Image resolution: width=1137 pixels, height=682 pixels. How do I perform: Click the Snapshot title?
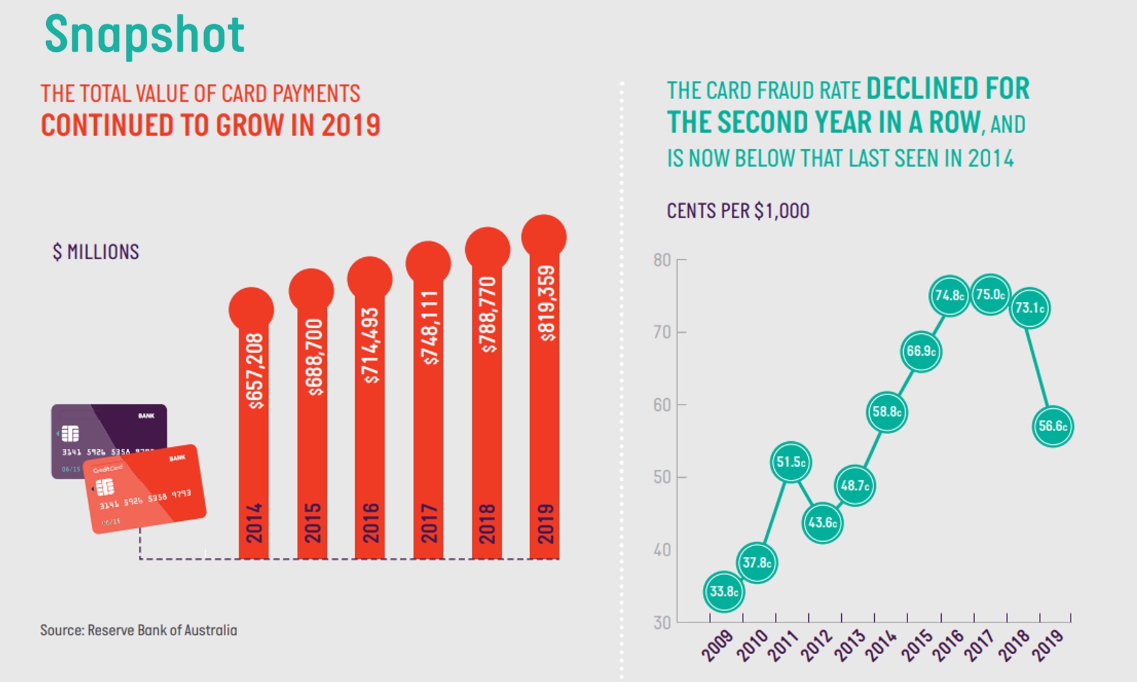pyautogui.click(x=144, y=34)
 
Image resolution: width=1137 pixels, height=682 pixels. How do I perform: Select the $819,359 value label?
pyautogui.click(x=545, y=303)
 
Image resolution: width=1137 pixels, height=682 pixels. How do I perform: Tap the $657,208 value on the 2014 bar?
pyautogui.click(x=254, y=371)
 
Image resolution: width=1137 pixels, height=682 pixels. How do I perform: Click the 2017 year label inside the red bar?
pyautogui.click(x=429, y=523)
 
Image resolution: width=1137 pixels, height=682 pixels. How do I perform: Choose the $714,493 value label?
pyautogui.click(x=370, y=346)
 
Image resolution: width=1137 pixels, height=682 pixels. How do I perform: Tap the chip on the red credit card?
pyautogui.click(x=105, y=487)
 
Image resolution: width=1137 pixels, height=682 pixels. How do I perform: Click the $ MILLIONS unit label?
pyautogui.click(x=96, y=252)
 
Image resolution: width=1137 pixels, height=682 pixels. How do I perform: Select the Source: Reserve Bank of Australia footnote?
pyautogui.click(x=138, y=630)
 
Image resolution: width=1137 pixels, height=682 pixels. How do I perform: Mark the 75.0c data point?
pyautogui.click(x=990, y=295)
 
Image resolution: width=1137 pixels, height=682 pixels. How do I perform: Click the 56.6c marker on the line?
pyautogui.click(x=1052, y=427)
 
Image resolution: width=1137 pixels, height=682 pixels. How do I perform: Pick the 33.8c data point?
pyautogui.click(x=724, y=592)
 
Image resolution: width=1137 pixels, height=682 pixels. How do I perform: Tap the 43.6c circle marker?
pyautogui.click(x=822, y=523)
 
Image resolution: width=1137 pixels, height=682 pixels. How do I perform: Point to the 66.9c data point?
pyautogui.click(x=921, y=351)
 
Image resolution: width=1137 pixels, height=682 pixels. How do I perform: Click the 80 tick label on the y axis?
pyautogui.click(x=662, y=260)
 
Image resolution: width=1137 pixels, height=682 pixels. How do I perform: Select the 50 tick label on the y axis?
pyautogui.click(x=662, y=477)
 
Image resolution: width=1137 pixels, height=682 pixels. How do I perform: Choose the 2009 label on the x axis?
pyautogui.click(x=718, y=645)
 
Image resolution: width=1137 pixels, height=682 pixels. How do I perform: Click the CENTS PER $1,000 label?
pyautogui.click(x=738, y=211)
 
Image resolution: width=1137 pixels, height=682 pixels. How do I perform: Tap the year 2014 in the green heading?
pyautogui.click(x=990, y=159)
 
